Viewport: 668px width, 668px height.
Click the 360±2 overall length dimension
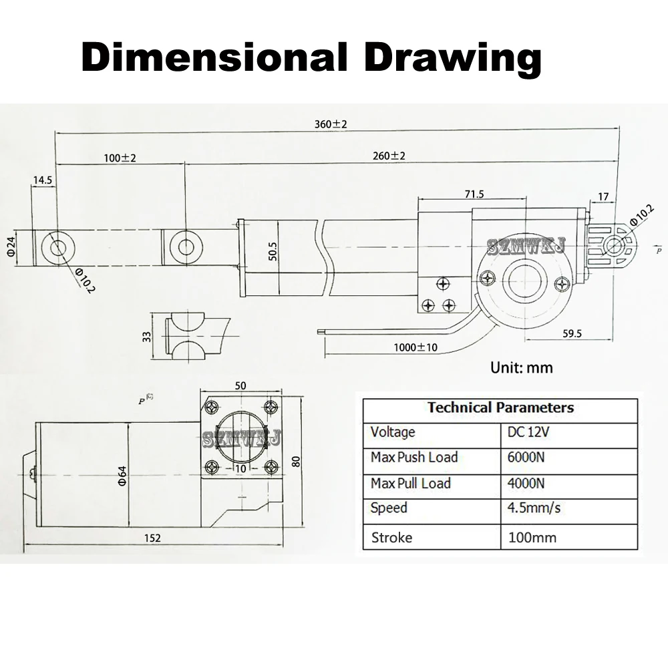(x=331, y=124)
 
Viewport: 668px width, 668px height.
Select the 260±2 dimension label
(x=389, y=156)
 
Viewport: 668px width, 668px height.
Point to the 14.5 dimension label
(x=42, y=180)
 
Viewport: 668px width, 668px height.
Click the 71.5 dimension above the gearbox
(x=474, y=194)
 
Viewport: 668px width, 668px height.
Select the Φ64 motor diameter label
(x=123, y=476)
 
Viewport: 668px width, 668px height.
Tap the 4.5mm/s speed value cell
(x=534, y=508)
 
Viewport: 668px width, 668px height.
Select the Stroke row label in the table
(x=391, y=537)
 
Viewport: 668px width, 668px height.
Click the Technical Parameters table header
(x=500, y=407)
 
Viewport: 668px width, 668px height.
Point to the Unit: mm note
(x=521, y=367)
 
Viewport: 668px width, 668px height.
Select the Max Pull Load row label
(x=410, y=483)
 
